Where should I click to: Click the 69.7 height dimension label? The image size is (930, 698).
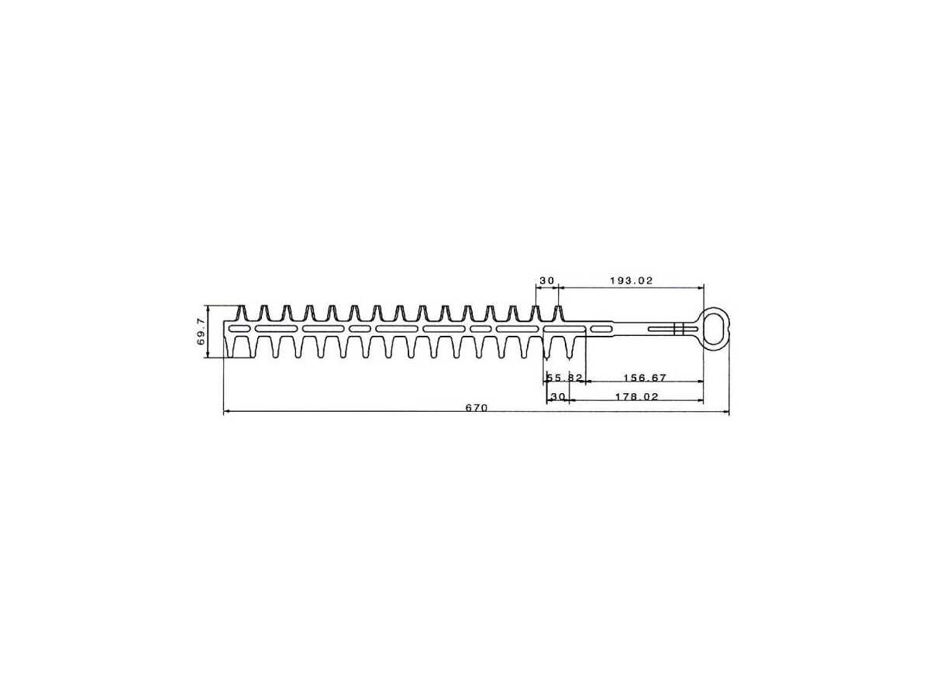click(201, 331)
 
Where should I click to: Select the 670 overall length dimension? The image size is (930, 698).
click(477, 407)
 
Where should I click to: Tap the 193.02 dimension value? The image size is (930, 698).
click(631, 280)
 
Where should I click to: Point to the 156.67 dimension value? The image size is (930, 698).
click(646, 377)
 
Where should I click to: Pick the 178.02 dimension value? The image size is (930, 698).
click(637, 396)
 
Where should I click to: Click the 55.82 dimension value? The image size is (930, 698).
click(565, 377)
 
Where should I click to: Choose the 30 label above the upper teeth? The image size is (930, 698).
click(547, 280)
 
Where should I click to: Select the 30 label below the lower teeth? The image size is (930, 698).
click(558, 396)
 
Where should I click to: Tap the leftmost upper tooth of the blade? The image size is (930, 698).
click(242, 313)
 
